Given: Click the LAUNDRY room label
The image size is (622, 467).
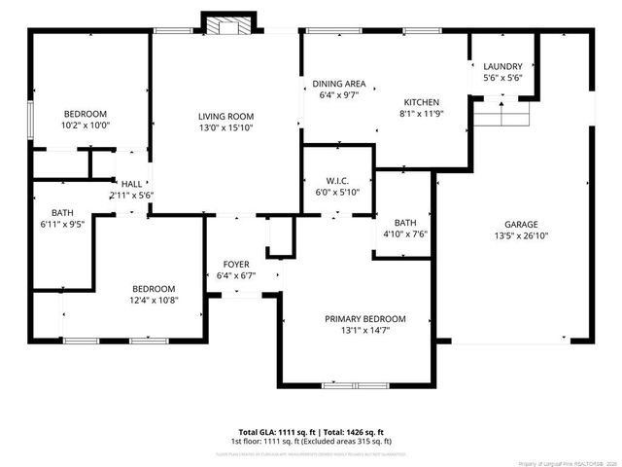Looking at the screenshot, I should pyautogui.click(x=502, y=66).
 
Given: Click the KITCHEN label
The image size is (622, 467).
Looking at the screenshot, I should pyautogui.click(x=422, y=102).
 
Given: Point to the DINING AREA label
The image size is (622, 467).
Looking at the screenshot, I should pyautogui.click(x=339, y=84).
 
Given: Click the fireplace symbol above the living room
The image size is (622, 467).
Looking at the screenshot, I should pyautogui.click(x=225, y=24).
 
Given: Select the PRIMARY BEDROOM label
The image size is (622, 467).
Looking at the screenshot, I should pyautogui.click(x=364, y=319).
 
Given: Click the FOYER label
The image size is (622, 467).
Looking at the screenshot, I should pyautogui.click(x=236, y=264).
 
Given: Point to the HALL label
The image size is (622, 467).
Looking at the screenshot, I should pyautogui.click(x=131, y=183).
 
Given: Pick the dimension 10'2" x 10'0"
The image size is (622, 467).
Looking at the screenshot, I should pyautogui.click(x=86, y=126).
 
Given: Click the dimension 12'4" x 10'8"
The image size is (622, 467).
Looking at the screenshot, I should pyautogui.click(x=154, y=301).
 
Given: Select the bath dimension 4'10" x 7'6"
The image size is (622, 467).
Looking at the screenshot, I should pyautogui.click(x=404, y=233).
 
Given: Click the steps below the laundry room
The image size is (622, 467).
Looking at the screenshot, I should pyautogui.click(x=503, y=114).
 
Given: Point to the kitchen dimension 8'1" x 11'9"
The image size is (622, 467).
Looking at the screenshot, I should pyautogui.click(x=422, y=114).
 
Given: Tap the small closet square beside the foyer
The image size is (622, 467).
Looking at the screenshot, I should pyautogui.click(x=280, y=236).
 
